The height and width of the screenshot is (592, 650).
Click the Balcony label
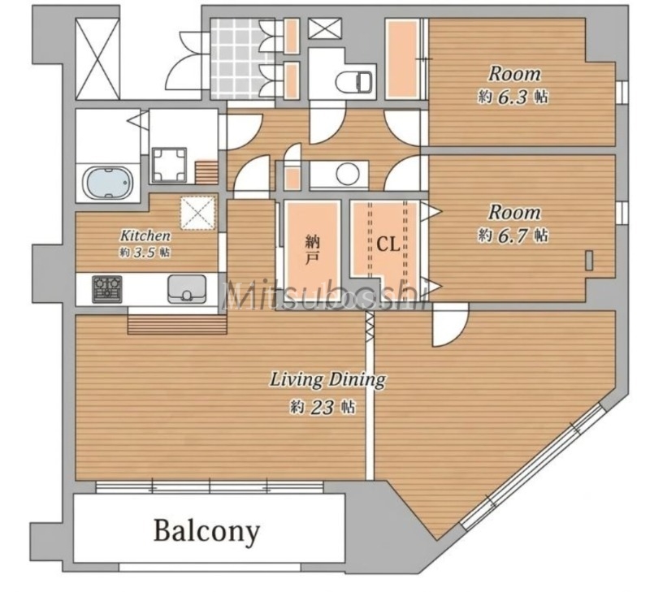point(206,530)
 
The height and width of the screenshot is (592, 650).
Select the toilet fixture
point(353,81)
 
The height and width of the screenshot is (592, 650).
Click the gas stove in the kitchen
point(107,289)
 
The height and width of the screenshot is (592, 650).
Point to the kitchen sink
point(187,289)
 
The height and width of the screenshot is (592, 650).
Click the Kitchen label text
point(145,236)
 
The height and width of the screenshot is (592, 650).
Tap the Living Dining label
point(327,379)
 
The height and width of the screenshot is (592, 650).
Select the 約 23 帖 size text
point(322,407)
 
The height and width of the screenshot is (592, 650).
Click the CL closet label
point(388,244)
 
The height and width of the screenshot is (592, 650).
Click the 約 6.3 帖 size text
point(513,97)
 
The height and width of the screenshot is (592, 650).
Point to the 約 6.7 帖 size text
point(513,236)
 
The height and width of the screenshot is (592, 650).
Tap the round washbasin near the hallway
point(348,174)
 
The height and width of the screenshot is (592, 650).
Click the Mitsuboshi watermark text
point(324,295)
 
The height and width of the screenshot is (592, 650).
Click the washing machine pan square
point(169,165)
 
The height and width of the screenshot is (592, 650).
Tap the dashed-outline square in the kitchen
point(198,212)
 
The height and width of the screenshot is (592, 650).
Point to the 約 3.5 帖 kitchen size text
point(145,252)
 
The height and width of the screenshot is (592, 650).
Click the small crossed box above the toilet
point(326,28)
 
